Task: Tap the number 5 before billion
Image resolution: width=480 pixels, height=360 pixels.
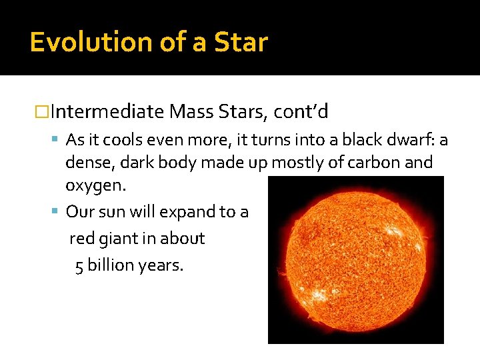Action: click(x=79, y=265)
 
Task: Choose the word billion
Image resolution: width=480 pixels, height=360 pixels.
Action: click(x=109, y=265)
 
